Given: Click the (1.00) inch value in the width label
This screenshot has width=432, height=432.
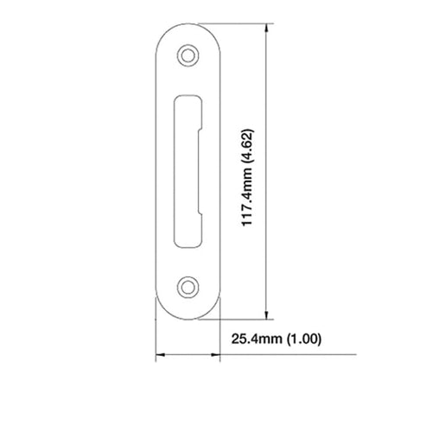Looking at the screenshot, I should (302, 339).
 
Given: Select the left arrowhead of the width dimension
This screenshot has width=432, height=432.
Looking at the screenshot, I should (158, 355).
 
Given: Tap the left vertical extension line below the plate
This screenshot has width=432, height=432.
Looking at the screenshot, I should (156, 341).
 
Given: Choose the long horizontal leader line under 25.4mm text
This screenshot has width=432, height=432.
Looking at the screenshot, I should (285, 355).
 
